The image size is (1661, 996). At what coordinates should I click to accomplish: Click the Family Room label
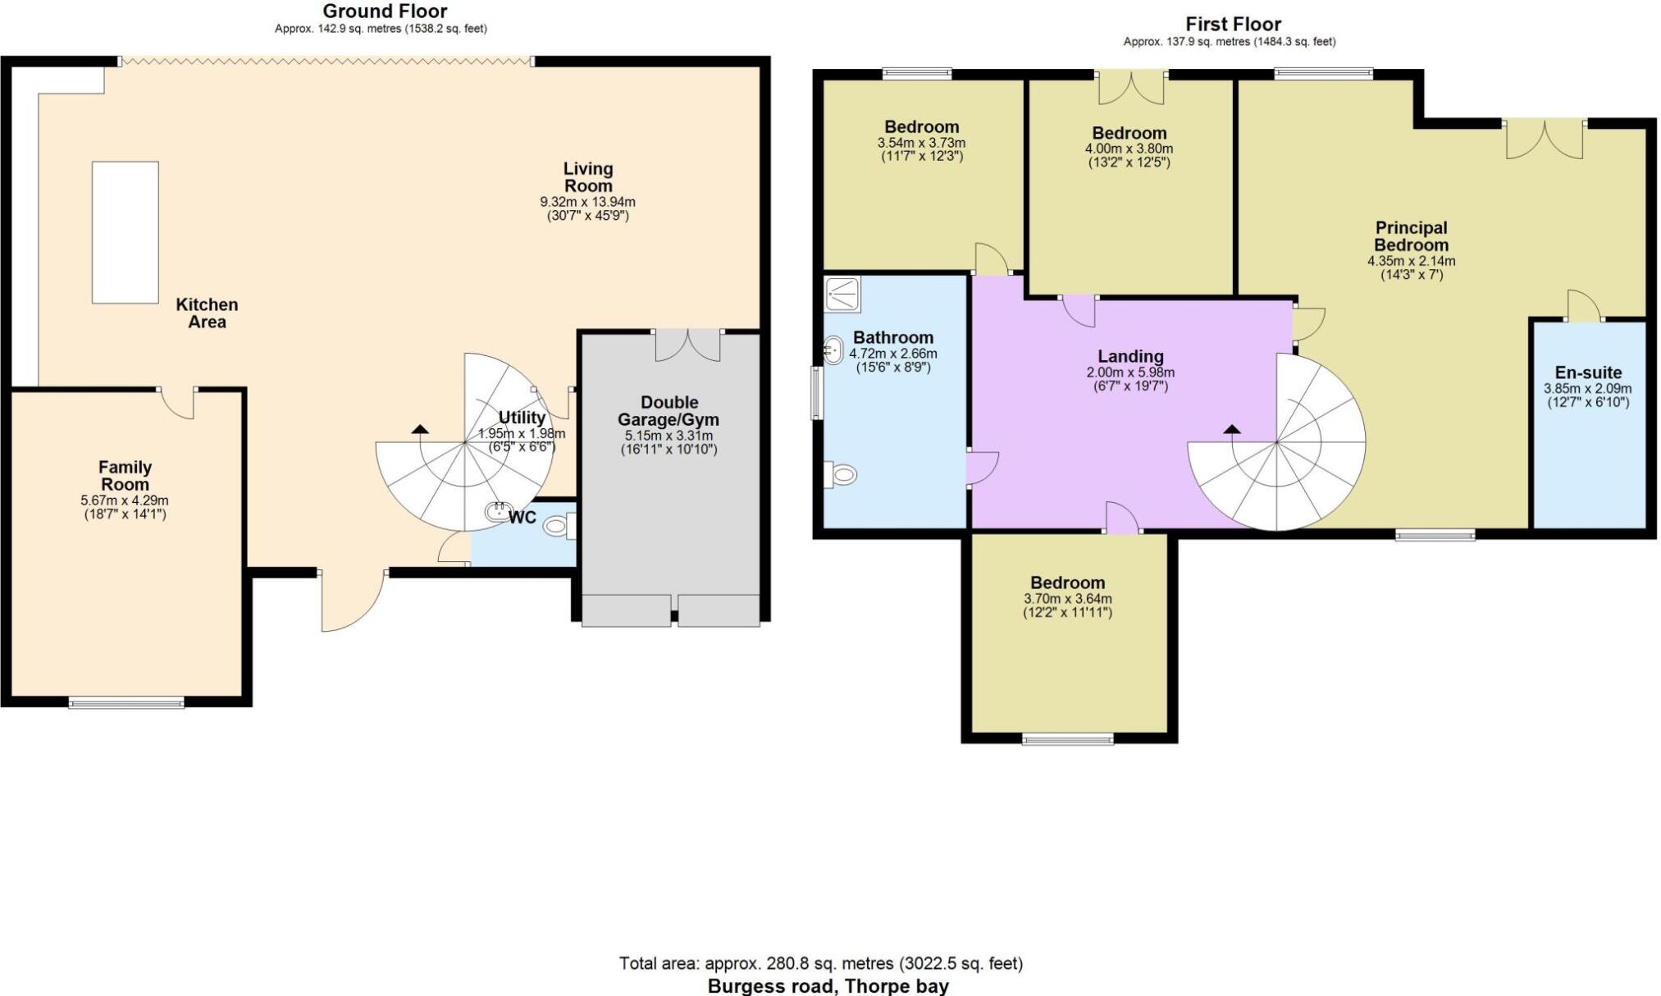(x=125, y=476)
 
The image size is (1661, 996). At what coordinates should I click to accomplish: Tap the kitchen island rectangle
(x=125, y=232)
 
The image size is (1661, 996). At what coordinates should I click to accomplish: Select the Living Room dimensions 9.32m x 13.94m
(x=587, y=202)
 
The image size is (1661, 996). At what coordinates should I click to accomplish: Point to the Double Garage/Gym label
(x=669, y=411)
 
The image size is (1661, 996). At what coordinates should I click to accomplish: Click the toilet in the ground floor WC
(x=560, y=525)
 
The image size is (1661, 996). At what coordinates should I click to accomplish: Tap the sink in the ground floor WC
(x=500, y=512)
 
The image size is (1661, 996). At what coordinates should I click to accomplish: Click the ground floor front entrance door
(x=353, y=601)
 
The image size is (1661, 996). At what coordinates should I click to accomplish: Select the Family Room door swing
(x=177, y=403)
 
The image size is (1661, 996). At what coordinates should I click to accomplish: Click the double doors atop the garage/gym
(x=687, y=345)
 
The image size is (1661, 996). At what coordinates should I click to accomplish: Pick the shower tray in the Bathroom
(x=842, y=294)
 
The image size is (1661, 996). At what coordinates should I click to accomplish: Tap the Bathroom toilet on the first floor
(x=840, y=475)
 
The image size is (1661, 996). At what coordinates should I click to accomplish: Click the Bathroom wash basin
(x=833, y=350)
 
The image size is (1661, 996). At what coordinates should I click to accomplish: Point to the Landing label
(x=1130, y=356)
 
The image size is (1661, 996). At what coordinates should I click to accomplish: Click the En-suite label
(x=1588, y=372)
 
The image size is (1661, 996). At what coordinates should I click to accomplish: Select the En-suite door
(x=1584, y=305)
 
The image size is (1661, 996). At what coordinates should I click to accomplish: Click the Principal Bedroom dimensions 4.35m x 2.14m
(x=1411, y=262)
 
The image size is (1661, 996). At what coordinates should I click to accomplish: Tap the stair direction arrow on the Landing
(x=1232, y=428)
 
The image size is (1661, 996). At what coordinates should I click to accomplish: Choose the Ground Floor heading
(x=385, y=11)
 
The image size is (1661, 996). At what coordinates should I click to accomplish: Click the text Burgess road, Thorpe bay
(x=828, y=986)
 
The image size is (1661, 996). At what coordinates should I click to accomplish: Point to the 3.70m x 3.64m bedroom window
(x=1068, y=739)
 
